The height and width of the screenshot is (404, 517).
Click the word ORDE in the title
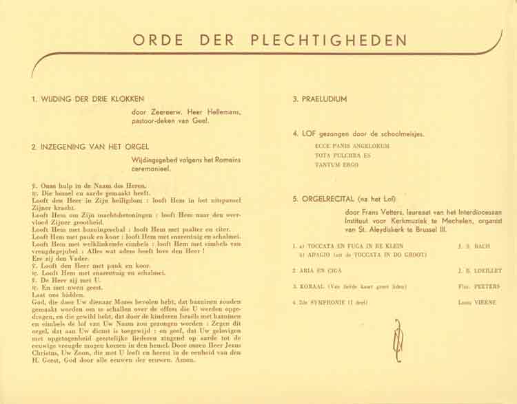(x=158, y=39)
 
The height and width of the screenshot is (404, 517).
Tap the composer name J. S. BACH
(x=473, y=245)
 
